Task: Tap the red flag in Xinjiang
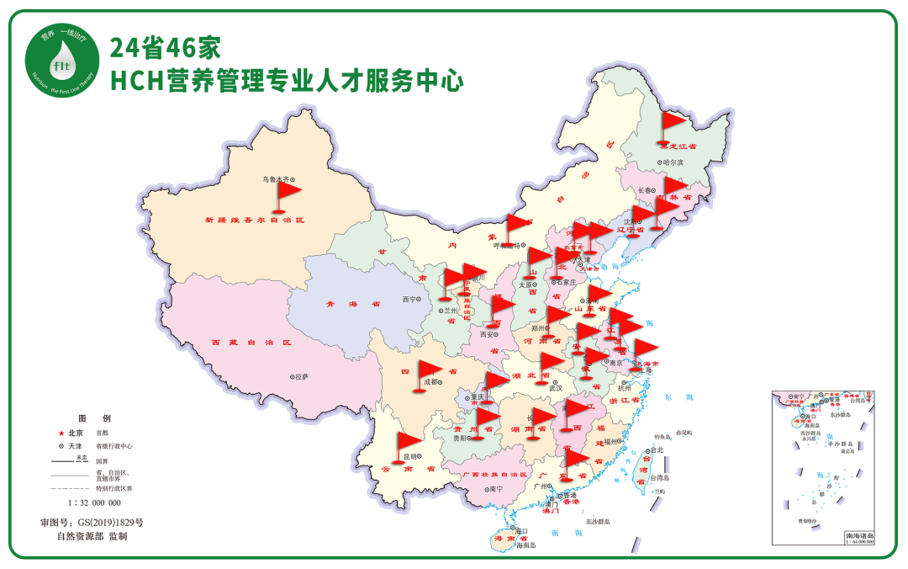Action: tap(287, 194)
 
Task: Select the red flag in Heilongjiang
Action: tap(672, 123)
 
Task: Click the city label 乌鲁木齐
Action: tap(280, 179)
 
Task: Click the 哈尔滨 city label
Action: tap(673, 162)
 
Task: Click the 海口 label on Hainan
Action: tap(521, 531)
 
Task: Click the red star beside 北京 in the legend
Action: tap(60, 432)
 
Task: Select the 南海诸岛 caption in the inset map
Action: tap(859, 536)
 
